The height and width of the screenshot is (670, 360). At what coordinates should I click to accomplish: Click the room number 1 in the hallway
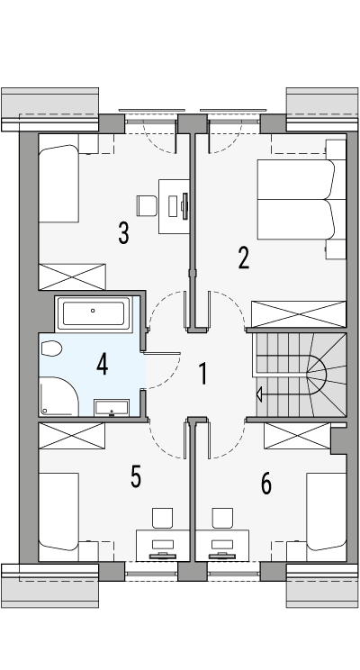[204, 373]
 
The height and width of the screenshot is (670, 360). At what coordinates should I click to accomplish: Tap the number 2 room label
[243, 258]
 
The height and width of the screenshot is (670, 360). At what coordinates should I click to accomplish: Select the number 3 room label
[123, 233]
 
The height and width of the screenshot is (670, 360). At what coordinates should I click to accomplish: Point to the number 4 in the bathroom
[102, 365]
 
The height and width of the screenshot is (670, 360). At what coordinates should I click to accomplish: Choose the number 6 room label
[265, 484]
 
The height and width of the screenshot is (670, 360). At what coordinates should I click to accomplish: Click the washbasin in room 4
[112, 406]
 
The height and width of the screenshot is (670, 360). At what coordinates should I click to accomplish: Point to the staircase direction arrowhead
[260, 393]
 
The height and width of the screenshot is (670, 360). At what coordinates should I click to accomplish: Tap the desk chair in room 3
[147, 205]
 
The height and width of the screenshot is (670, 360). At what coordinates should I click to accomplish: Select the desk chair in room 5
[162, 518]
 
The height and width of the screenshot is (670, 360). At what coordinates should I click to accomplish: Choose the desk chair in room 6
[220, 518]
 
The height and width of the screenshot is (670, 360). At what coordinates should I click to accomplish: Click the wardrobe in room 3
[72, 276]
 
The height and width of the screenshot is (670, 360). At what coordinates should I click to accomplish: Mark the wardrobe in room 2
[299, 314]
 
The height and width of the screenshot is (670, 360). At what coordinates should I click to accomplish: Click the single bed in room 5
[60, 513]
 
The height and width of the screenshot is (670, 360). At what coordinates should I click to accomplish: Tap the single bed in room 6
[327, 513]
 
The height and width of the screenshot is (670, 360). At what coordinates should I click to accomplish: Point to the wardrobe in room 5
[72, 435]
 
